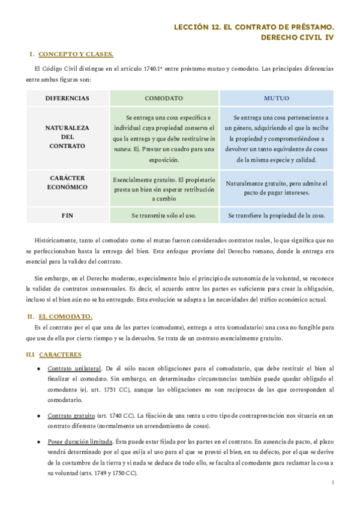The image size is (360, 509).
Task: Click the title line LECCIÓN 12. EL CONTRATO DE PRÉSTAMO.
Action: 254,27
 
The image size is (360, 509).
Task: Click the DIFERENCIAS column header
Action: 67,98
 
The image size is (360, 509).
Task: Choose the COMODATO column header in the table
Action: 164,98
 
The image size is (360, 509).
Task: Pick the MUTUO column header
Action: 277,98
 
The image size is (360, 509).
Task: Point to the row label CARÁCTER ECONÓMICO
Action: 67,182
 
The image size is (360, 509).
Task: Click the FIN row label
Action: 67,215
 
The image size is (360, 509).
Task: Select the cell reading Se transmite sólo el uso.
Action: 164,215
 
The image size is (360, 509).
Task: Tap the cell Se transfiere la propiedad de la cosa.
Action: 277,215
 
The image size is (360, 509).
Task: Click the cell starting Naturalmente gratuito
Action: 277,188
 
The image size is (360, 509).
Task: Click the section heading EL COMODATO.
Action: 65,316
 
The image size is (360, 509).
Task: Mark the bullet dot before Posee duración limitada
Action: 39,441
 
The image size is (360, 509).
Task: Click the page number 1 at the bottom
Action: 332,483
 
